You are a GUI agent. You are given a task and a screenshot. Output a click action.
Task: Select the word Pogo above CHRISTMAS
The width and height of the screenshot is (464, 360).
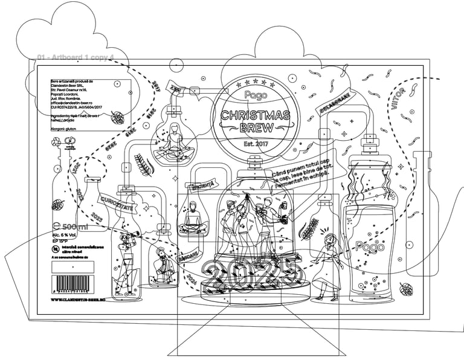254,95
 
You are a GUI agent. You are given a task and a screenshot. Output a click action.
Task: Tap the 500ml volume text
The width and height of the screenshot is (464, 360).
71,227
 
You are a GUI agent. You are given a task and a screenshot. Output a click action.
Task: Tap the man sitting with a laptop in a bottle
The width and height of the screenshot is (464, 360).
193,217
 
